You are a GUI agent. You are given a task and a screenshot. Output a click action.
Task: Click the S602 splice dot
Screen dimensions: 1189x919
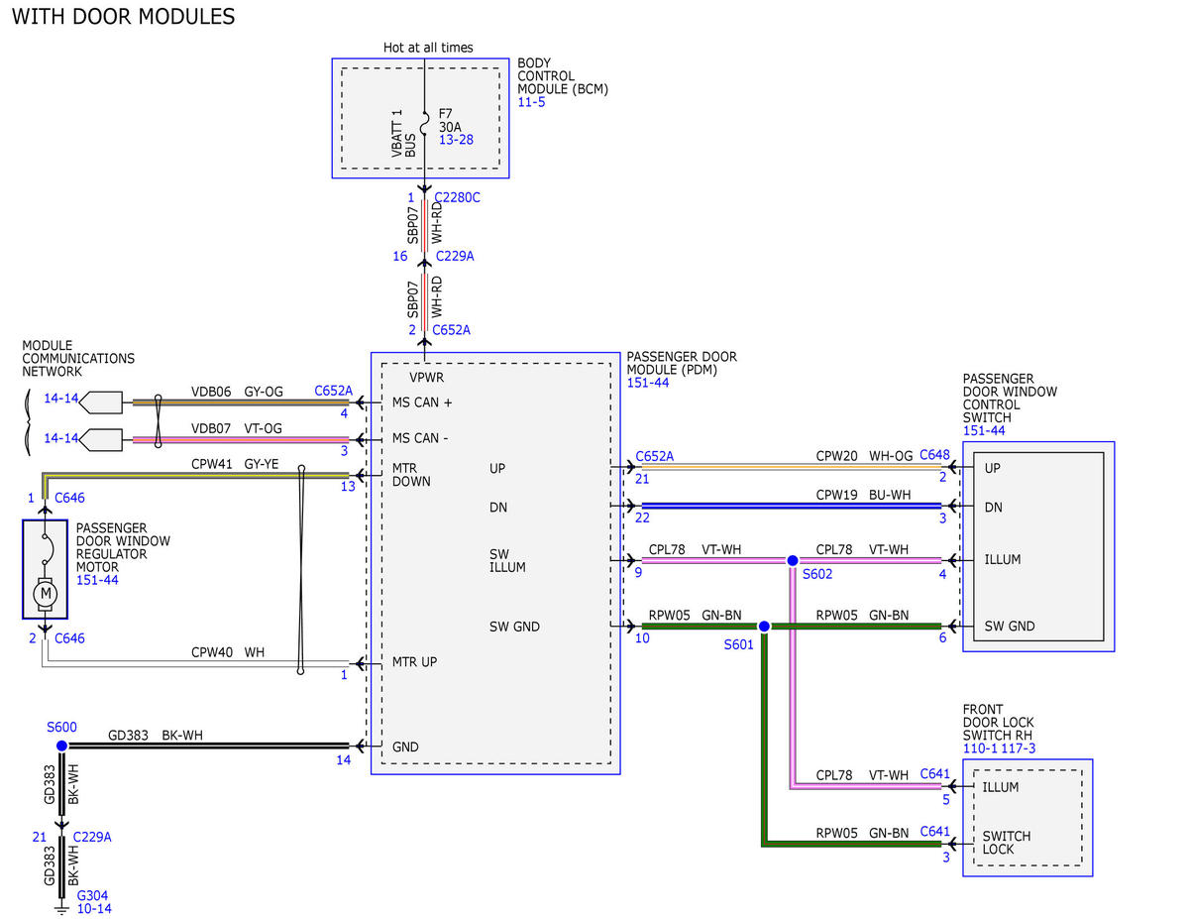click(x=792, y=560)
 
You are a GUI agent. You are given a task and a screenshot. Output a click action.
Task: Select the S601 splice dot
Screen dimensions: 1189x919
click(x=764, y=626)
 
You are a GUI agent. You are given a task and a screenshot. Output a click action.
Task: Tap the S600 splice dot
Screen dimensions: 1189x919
click(x=61, y=746)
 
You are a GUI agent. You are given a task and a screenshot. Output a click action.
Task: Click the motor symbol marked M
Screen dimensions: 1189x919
click(x=46, y=593)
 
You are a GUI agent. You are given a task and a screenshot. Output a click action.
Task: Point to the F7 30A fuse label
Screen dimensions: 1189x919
click(x=450, y=120)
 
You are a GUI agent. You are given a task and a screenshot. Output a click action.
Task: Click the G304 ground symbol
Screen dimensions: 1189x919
click(x=61, y=908)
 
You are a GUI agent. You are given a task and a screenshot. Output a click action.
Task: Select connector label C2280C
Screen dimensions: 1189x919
click(x=457, y=197)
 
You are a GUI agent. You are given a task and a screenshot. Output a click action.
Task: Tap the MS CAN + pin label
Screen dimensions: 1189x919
click(x=422, y=402)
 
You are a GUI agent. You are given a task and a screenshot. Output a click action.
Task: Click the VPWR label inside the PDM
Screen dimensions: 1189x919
click(x=426, y=377)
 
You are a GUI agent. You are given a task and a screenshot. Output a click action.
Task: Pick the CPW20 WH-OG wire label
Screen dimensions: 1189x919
click(x=864, y=455)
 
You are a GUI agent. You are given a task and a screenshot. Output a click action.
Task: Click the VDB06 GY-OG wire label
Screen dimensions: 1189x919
click(x=237, y=392)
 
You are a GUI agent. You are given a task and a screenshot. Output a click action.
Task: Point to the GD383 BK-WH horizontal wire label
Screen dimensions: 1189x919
click(x=156, y=735)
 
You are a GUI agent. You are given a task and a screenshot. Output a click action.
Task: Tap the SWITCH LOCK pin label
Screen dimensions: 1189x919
click(x=1007, y=843)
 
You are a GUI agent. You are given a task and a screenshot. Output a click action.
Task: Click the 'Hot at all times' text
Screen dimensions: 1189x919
click(x=428, y=48)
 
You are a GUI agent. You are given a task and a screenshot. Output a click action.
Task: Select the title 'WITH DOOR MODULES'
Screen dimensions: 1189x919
click(x=123, y=17)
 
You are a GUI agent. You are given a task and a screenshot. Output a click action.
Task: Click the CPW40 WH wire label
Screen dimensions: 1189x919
click(x=228, y=652)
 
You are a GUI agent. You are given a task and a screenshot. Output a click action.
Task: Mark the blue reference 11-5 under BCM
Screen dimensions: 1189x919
click(x=531, y=102)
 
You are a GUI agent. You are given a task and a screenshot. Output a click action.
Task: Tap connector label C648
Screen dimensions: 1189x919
click(x=934, y=454)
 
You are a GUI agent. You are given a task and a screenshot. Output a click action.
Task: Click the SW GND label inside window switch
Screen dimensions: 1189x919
click(x=1010, y=626)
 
